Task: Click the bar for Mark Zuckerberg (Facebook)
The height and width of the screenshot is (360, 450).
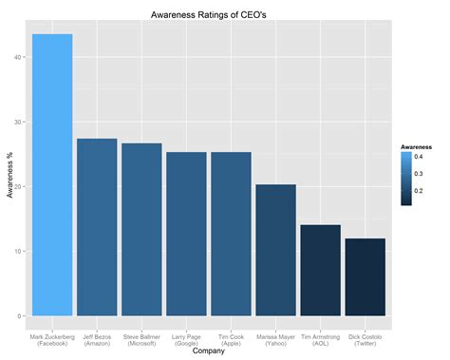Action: [x=52, y=175]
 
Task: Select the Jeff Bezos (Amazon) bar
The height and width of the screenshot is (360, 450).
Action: [x=97, y=227]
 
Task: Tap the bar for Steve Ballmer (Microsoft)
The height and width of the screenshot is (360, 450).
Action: [x=141, y=229]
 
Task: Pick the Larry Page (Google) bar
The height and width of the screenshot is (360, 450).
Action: [x=186, y=234]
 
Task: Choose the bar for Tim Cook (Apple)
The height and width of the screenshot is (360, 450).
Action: [x=231, y=234]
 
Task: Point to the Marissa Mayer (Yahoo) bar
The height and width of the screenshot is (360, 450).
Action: [x=275, y=250]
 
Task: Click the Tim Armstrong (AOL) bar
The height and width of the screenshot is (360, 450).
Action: [x=320, y=270]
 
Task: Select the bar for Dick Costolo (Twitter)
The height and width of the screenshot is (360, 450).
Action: [x=365, y=276]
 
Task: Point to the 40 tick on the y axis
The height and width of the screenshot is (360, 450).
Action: [x=18, y=57]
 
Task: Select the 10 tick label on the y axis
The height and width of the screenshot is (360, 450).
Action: [x=18, y=252]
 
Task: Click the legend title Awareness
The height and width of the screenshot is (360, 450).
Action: [x=419, y=148]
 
